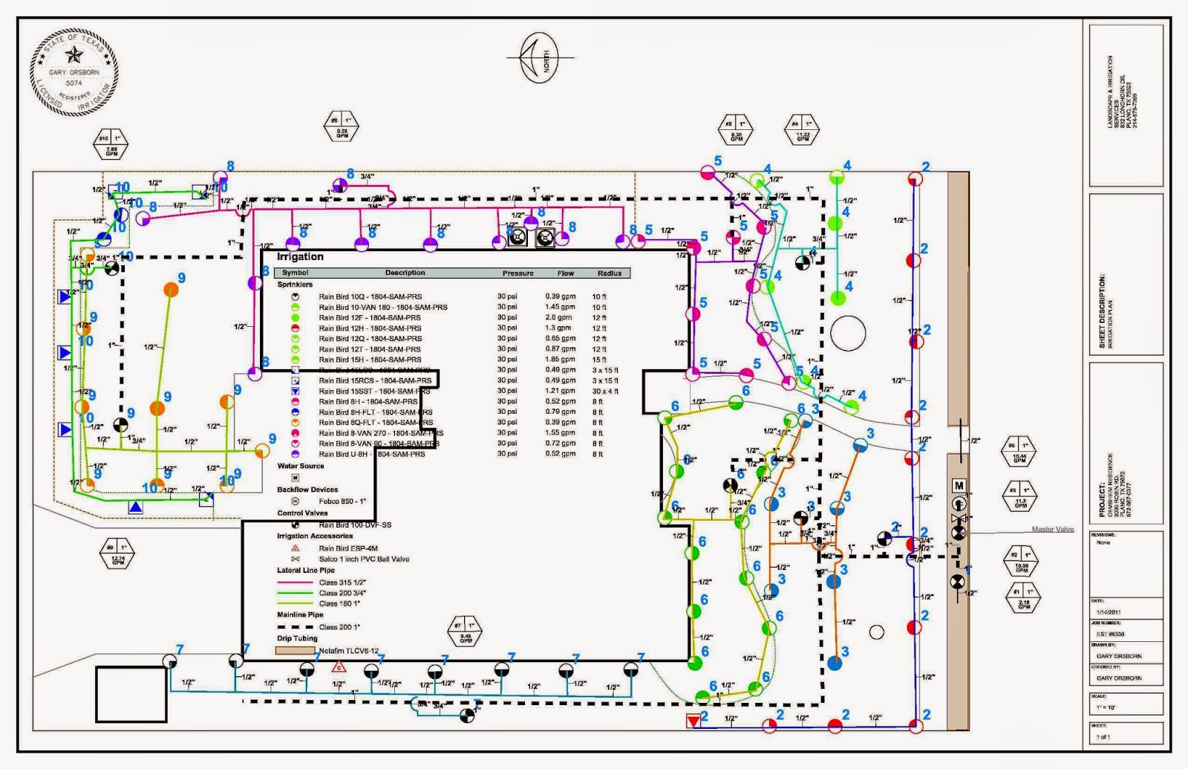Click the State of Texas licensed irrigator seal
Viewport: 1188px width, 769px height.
[x=74, y=73]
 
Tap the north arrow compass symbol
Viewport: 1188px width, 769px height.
[x=539, y=58]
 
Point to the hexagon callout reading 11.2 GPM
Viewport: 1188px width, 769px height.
[x=1019, y=495]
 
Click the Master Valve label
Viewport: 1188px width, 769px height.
[x=1052, y=529]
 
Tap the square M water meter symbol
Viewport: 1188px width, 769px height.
[x=959, y=486]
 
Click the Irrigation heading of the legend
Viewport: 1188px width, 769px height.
[x=300, y=257]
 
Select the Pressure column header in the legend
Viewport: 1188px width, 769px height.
[x=518, y=273]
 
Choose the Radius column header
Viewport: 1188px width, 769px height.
[x=609, y=273]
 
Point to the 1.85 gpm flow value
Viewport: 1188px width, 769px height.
[x=560, y=360]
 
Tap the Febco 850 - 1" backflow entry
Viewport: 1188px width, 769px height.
[x=342, y=502]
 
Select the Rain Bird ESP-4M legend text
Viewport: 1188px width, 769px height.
[x=348, y=548]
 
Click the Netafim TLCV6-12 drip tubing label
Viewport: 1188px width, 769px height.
[x=349, y=651]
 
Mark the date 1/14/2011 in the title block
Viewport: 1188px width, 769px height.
[x=1106, y=611]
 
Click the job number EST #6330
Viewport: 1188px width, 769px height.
[x=1110, y=634]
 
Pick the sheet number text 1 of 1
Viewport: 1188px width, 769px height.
[x=1103, y=736]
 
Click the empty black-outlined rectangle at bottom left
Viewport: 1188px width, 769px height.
[x=131, y=694]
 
